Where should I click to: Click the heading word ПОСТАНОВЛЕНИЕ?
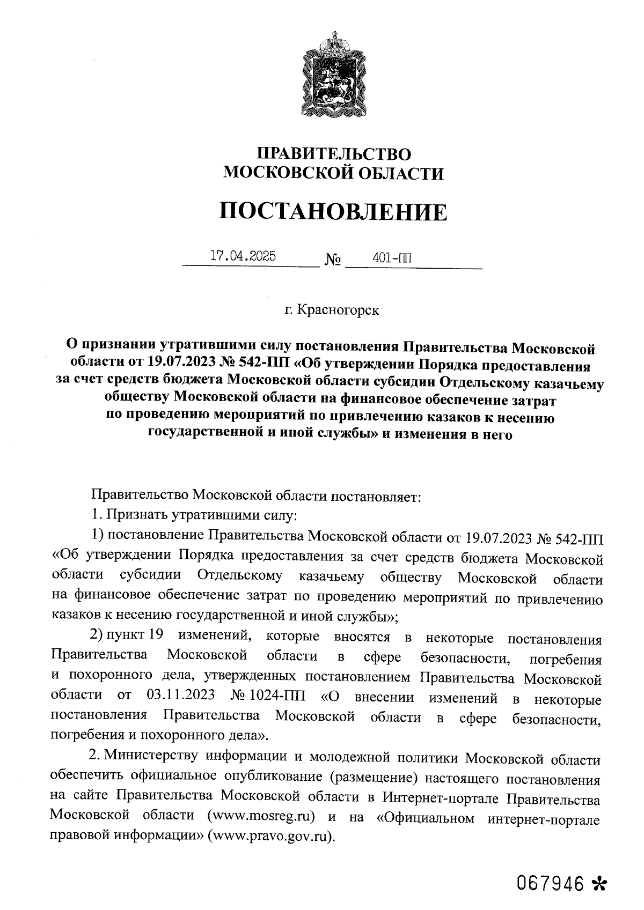333,212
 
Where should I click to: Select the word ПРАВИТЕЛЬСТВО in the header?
333,154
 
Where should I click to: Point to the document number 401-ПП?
392,258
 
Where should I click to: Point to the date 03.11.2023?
180,696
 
